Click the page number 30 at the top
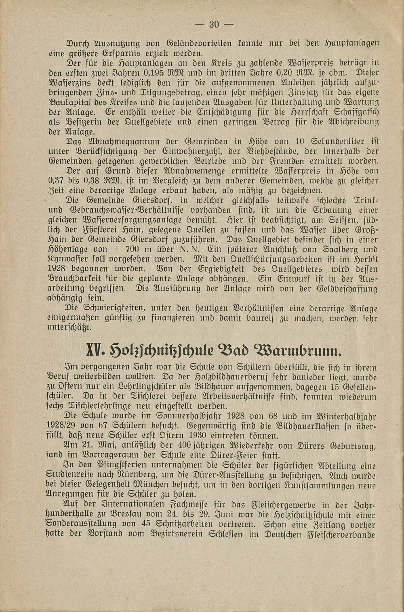click(214, 25)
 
